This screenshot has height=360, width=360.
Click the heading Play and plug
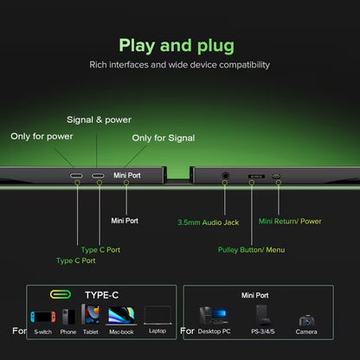pyautogui.click(x=177, y=46)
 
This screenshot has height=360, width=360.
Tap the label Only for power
pyautogui.click(x=42, y=136)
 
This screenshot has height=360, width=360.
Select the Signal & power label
pyautogui.click(x=99, y=119)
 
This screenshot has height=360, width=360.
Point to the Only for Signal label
pyautogui.click(x=164, y=138)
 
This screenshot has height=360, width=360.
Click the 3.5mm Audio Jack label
pyautogui.click(x=209, y=222)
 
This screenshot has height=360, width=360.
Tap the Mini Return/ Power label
pyautogui.click(x=290, y=222)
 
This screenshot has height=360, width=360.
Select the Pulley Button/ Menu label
pyautogui.click(x=251, y=250)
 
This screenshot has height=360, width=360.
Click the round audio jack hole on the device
pyautogui.click(x=225, y=176)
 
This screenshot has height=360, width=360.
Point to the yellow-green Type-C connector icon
pyautogui.click(x=61, y=294)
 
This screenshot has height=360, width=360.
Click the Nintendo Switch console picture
pyautogui.click(x=43, y=317)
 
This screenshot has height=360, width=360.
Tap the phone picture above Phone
pyautogui.click(x=68, y=317)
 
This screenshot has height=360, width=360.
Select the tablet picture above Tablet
pyautogui.click(x=90, y=314)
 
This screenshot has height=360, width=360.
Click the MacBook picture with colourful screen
pyautogui.click(x=121, y=316)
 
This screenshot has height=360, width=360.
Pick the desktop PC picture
pyautogui.click(x=214, y=315)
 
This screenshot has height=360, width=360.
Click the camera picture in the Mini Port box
pyautogui.click(x=306, y=320)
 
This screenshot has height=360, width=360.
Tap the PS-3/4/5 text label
pyautogui.click(x=263, y=331)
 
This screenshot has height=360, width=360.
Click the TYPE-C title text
pyautogui.click(x=102, y=295)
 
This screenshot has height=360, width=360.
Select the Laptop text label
pyautogui.click(x=157, y=331)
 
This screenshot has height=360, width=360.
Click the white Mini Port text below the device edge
pyautogui.click(x=125, y=221)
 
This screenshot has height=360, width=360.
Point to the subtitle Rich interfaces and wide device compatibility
pyautogui.click(x=180, y=65)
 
